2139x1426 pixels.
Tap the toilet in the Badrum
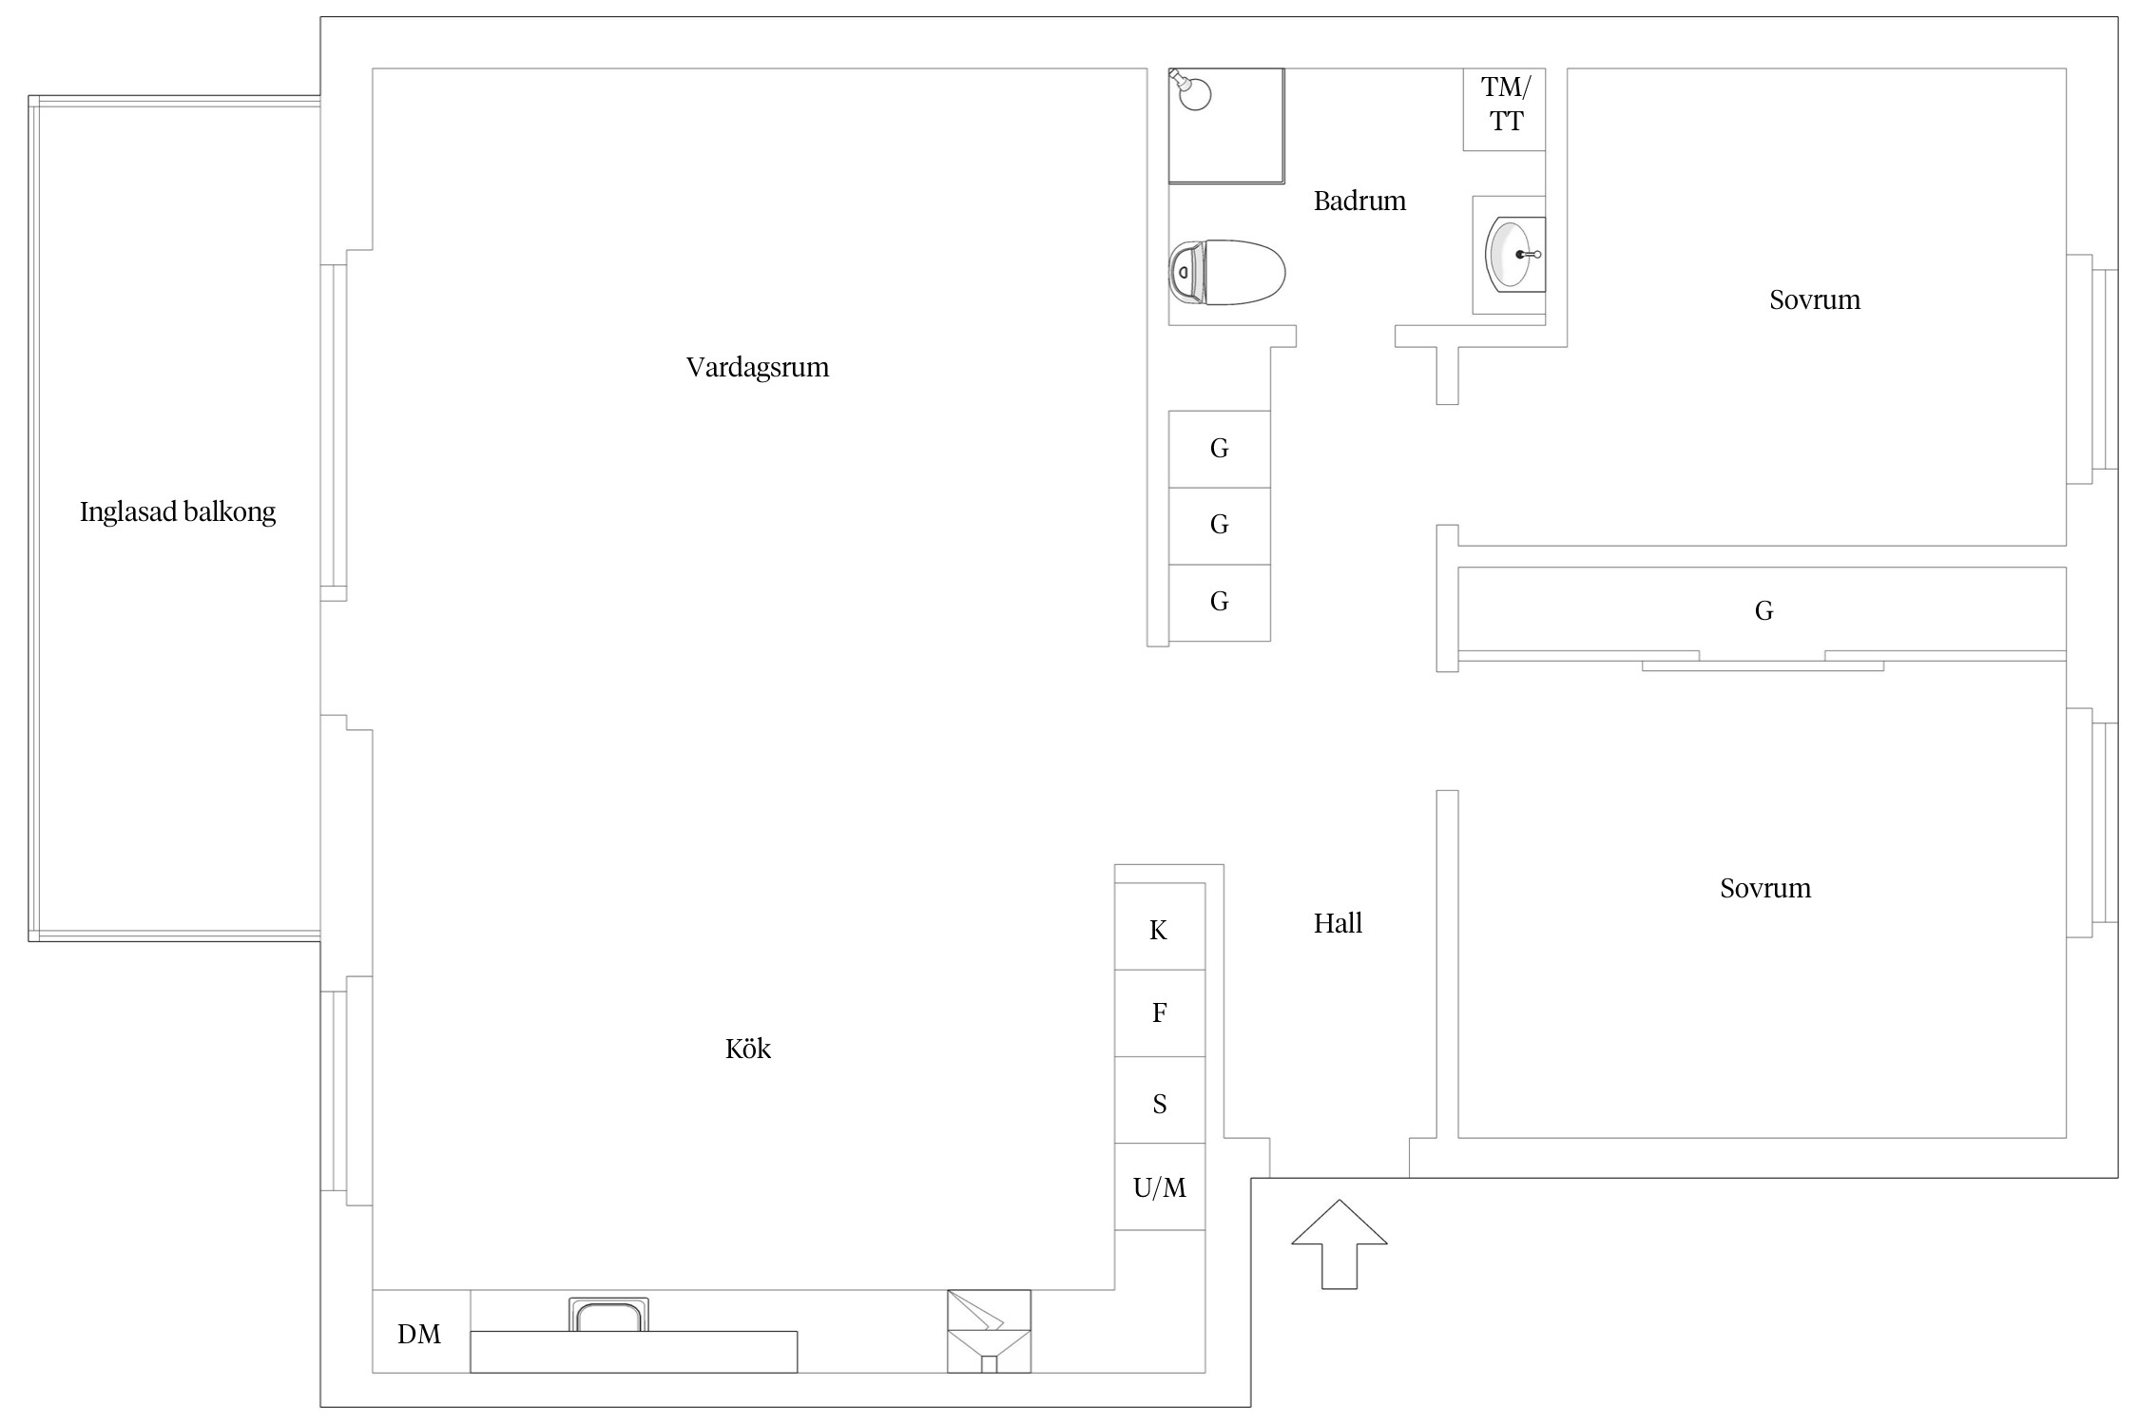(x=1226, y=272)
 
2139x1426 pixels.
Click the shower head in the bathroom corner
(x=1190, y=89)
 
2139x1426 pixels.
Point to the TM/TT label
(x=1506, y=105)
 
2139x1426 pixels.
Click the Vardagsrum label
(x=758, y=367)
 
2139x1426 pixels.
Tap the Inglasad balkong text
(x=178, y=512)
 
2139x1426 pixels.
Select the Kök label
(x=748, y=1049)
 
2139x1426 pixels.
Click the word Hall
(x=1338, y=923)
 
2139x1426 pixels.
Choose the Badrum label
(x=1359, y=201)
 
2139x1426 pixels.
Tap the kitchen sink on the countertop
(x=608, y=1315)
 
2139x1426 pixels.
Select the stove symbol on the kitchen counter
(x=989, y=1331)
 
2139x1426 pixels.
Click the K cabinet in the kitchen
(x=1160, y=927)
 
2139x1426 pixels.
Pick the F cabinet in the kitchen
(x=1160, y=1013)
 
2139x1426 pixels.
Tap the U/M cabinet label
(x=1160, y=1187)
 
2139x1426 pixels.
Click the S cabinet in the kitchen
(x=1160, y=1100)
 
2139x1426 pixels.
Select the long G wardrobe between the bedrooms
(x=1762, y=609)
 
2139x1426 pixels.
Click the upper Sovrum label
(x=1815, y=300)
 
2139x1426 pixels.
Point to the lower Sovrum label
(x=1765, y=889)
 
